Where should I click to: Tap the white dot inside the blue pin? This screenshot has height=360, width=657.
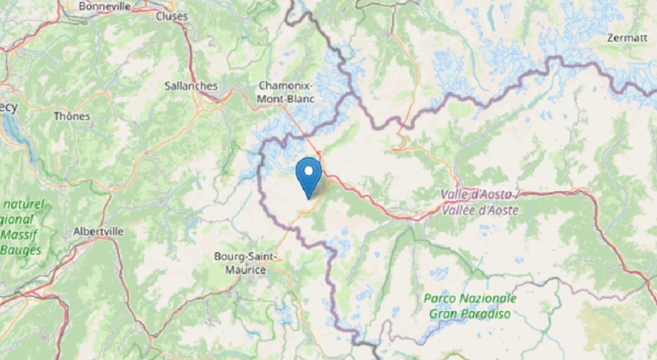point(309,170)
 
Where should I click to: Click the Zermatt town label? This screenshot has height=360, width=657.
point(627,38)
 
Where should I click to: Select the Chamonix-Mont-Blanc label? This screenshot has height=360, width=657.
point(287,92)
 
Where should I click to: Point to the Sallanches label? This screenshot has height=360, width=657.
point(191,86)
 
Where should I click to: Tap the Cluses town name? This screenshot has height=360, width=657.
point(172,16)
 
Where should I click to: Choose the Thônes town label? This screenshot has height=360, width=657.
point(72,117)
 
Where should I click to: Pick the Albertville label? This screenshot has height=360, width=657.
point(99,232)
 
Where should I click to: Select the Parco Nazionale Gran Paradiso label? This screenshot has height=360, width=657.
point(470,306)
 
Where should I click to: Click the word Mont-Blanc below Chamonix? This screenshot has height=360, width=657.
point(287,98)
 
